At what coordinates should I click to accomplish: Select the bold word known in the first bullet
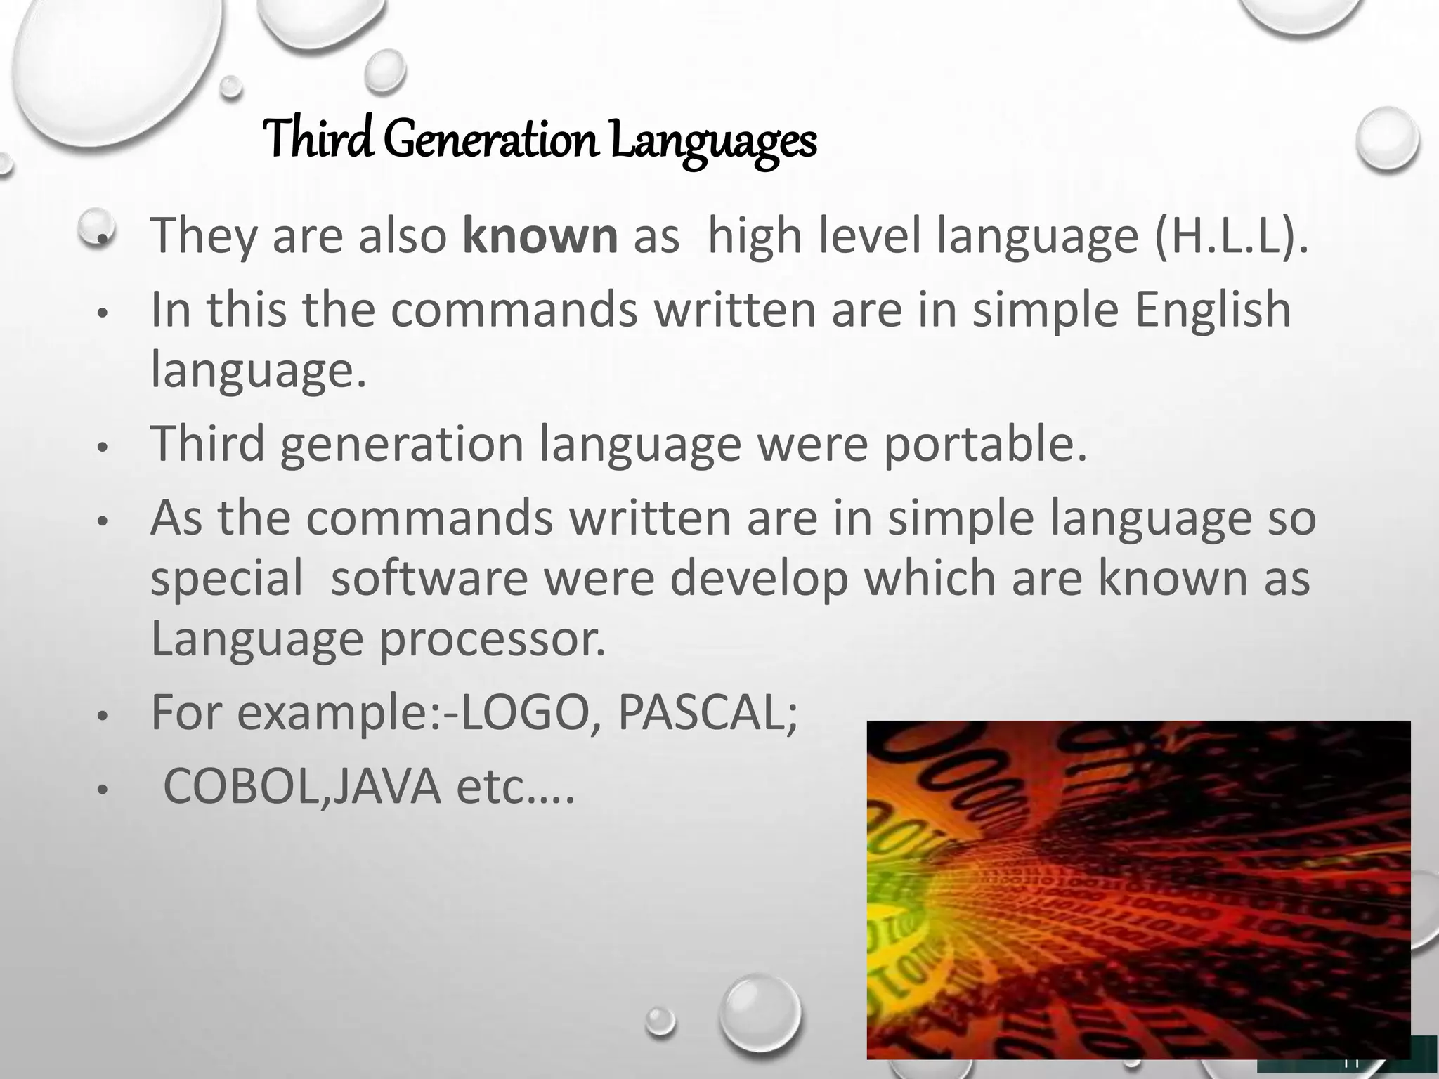(540, 236)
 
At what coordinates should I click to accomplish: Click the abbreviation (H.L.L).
(1230, 236)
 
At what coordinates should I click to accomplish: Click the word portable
(984, 444)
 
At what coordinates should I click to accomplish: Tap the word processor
(492, 639)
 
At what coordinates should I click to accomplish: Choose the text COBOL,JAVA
(301, 787)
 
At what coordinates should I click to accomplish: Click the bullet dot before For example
(102, 717)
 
